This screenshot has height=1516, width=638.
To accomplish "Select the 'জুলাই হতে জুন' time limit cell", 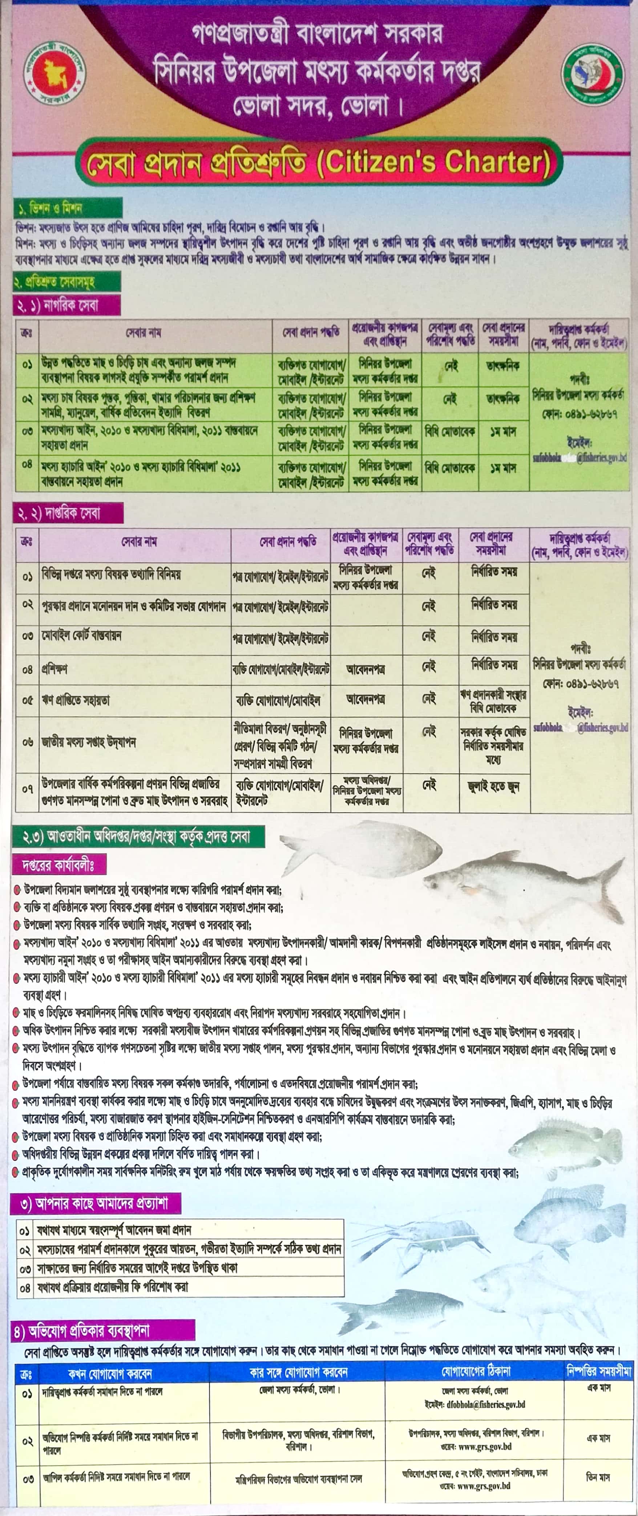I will (x=493, y=786).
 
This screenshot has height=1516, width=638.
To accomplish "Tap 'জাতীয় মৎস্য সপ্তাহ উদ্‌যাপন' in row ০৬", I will (x=88, y=743).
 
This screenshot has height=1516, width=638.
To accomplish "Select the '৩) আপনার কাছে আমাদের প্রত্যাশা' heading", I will (x=94, y=1203).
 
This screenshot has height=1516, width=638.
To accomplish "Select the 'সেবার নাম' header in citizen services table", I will (x=143, y=332).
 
